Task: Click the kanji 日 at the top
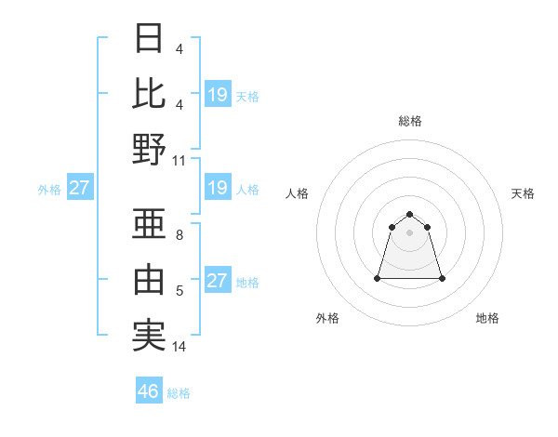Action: pyautogui.click(x=150, y=39)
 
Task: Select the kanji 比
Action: pyautogui.click(x=150, y=93)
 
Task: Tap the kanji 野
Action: pyautogui.click(x=150, y=149)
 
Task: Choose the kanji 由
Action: pyautogui.click(x=150, y=279)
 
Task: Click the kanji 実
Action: pyautogui.click(x=150, y=335)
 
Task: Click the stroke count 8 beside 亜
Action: pyautogui.click(x=179, y=235)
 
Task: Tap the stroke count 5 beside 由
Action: pyautogui.click(x=179, y=291)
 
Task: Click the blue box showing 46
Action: pyautogui.click(x=149, y=391)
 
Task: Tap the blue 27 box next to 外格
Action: pyautogui.click(x=79, y=188)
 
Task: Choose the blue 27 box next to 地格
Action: pyautogui.click(x=217, y=281)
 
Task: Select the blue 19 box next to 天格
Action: pyautogui.click(x=217, y=95)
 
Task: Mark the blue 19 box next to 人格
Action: pyautogui.click(x=217, y=188)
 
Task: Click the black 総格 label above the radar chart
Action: pyautogui.click(x=409, y=121)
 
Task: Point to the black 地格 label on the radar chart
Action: pyautogui.click(x=487, y=318)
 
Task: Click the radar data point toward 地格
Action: pyautogui.click(x=442, y=278)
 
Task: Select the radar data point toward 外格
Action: pyautogui.click(x=378, y=278)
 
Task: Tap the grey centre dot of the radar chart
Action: pyautogui.click(x=409, y=232)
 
